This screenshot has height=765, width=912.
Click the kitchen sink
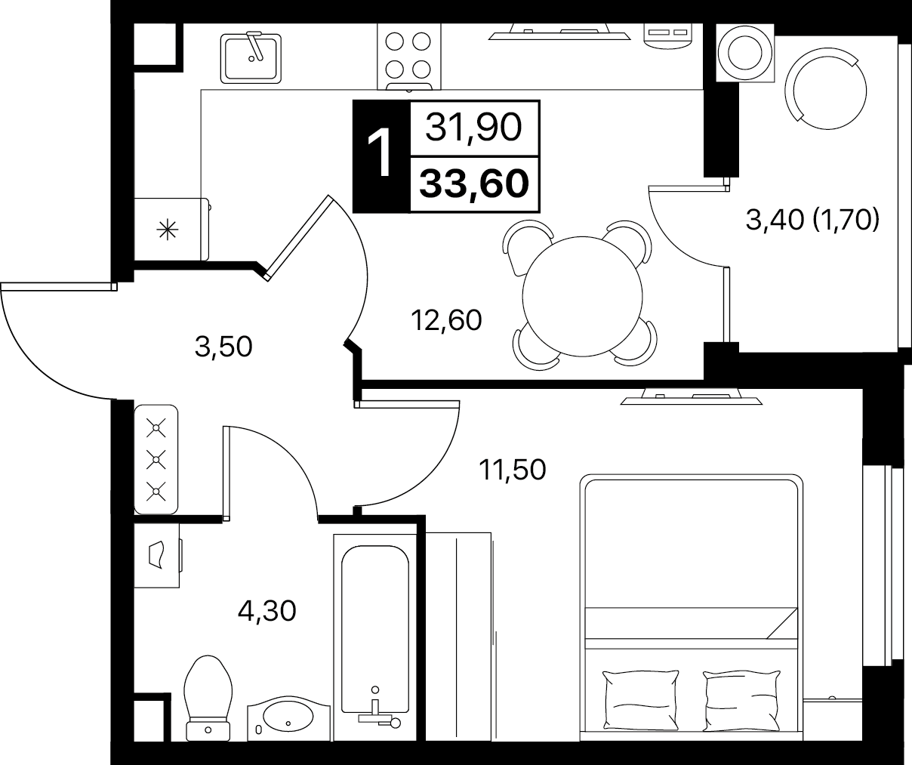(x=251, y=58)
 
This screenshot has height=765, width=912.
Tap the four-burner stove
(x=409, y=57)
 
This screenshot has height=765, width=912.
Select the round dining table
(x=582, y=297)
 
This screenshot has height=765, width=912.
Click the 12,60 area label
(x=446, y=319)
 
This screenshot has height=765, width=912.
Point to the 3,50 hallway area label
(x=223, y=347)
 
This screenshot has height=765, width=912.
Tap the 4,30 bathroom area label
(x=267, y=611)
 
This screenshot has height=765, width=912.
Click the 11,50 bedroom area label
(x=513, y=470)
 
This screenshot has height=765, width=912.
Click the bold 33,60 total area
(x=474, y=184)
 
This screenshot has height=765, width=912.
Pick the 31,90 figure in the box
(x=473, y=127)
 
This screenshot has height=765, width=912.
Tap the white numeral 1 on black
(x=379, y=154)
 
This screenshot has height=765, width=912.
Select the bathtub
(x=374, y=637)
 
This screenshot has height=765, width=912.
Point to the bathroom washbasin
(x=288, y=720)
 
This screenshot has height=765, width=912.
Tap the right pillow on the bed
(x=741, y=700)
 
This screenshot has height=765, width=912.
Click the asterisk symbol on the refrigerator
(x=168, y=230)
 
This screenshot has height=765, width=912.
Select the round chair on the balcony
(x=825, y=91)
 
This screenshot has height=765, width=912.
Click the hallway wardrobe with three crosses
(x=156, y=459)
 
